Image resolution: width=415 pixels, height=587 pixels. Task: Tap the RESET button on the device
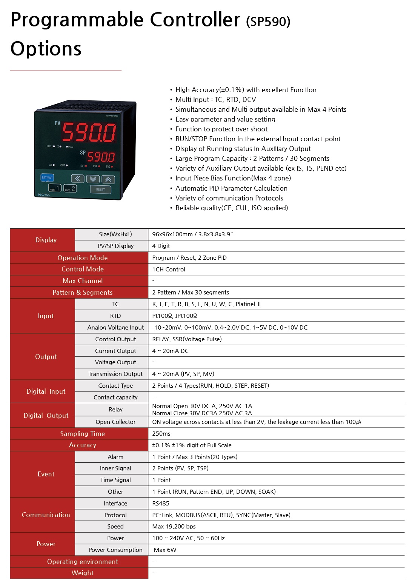100,190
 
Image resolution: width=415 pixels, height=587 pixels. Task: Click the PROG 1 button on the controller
55,188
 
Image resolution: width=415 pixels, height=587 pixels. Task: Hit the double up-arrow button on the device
108,179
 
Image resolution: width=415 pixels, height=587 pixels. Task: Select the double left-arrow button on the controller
78,179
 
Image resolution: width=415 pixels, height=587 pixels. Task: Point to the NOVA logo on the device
44,195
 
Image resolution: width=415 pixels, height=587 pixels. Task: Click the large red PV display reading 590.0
89,132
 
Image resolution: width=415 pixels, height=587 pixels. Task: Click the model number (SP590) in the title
268,22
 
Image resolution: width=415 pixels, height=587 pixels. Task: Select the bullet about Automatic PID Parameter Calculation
231,188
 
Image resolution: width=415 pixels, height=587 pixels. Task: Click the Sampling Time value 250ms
161,434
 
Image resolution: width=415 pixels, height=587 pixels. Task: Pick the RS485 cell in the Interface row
161,504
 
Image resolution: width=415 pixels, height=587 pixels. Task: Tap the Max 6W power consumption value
165,550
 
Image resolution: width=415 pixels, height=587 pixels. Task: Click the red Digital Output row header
46,416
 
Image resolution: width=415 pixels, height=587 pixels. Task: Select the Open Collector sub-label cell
115,422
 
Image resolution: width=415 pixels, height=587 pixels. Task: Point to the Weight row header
82,573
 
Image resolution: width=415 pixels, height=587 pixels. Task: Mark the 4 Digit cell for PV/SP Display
161,246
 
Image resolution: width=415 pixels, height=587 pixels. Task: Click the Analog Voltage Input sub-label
115,328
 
